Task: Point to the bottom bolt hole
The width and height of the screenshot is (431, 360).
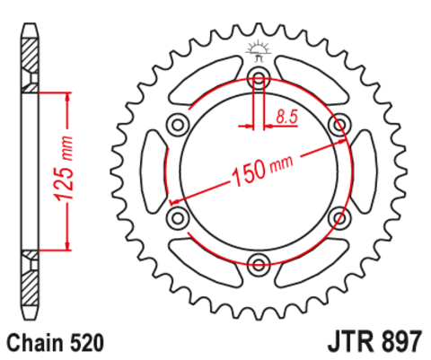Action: [x=259, y=264]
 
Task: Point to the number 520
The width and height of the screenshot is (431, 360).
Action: [x=87, y=343]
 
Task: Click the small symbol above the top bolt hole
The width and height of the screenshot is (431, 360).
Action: [x=259, y=52]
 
